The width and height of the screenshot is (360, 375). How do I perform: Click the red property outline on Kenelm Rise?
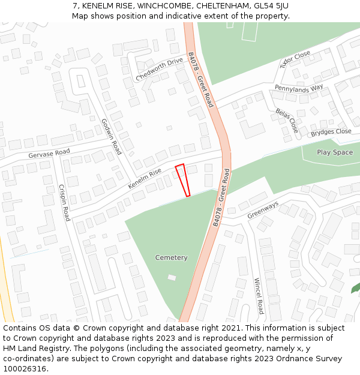coord(182,179)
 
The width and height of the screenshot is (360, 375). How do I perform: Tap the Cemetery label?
coord(171,258)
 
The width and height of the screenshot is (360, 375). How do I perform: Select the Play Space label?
coord(335,152)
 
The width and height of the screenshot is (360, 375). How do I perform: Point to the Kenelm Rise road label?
coord(144,179)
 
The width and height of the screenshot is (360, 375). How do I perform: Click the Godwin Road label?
coord(111,136)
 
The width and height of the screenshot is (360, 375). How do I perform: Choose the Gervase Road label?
coord(49,154)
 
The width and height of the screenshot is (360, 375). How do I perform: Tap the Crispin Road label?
coord(64,202)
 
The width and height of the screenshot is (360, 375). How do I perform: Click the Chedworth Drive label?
coord(159,70)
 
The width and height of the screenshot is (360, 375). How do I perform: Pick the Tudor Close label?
coord(295,59)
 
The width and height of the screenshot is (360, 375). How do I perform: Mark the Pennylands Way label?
coord(299,88)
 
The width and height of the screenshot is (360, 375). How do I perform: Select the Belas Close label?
coord(287,121)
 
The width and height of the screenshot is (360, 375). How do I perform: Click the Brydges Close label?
coord(331,132)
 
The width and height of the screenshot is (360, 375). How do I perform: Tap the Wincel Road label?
coord(258,296)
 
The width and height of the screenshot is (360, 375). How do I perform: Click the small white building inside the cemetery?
coord(172,278)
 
